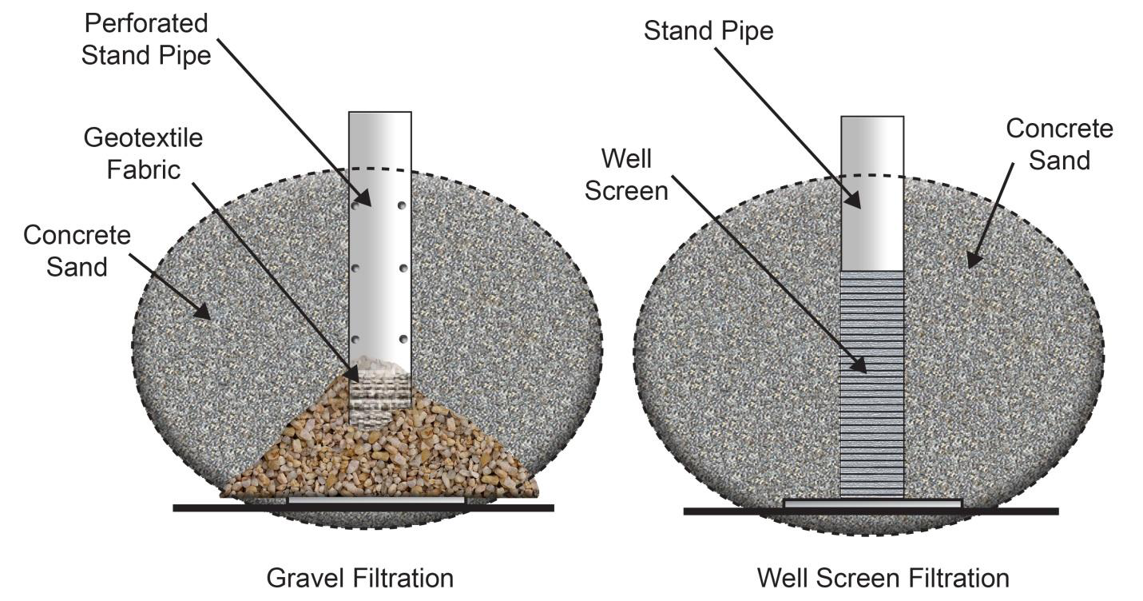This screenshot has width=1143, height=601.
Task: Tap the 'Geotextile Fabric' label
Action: point(143,153)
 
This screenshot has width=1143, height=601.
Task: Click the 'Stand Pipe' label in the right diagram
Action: point(708,31)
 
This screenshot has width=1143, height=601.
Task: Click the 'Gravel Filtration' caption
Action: point(359,578)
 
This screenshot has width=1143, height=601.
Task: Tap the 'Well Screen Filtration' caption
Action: point(883,578)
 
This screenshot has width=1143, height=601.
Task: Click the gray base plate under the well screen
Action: point(872,503)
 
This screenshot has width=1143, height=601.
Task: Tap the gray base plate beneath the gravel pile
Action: point(375,500)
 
